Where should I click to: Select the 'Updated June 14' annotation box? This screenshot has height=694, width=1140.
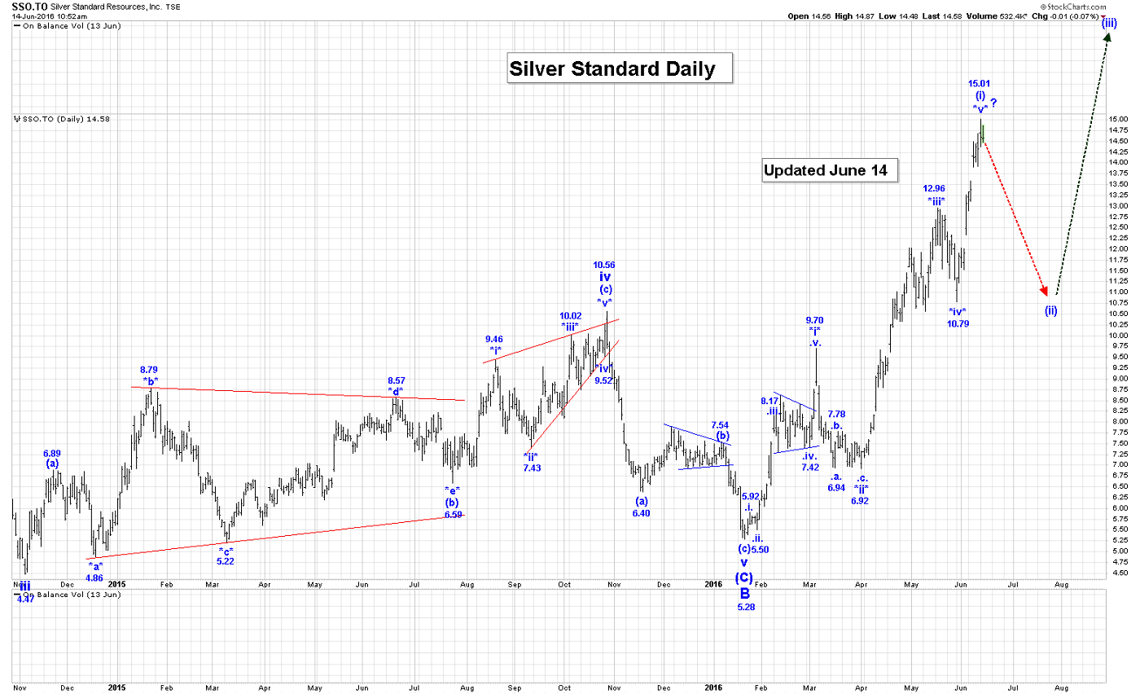(830, 171)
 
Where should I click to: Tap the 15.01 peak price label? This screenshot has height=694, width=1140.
(979, 83)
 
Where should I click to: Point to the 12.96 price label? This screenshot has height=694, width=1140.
(934, 188)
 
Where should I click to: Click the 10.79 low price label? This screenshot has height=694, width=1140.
(958, 323)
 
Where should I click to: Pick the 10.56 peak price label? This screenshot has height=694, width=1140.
(604, 265)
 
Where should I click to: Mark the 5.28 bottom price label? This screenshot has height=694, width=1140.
(746, 607)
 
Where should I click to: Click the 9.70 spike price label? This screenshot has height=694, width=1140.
(814, 320)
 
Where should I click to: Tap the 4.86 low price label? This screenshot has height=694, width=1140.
(94, 578)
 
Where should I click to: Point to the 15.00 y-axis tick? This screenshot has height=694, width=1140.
(1118, 119)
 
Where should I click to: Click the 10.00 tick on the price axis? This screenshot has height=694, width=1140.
(1118, 335)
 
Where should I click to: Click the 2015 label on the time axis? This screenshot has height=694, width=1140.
(117, 584)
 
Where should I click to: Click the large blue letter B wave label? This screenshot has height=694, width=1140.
(745, 594)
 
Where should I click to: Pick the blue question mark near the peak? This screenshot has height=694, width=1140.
(994, 103)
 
